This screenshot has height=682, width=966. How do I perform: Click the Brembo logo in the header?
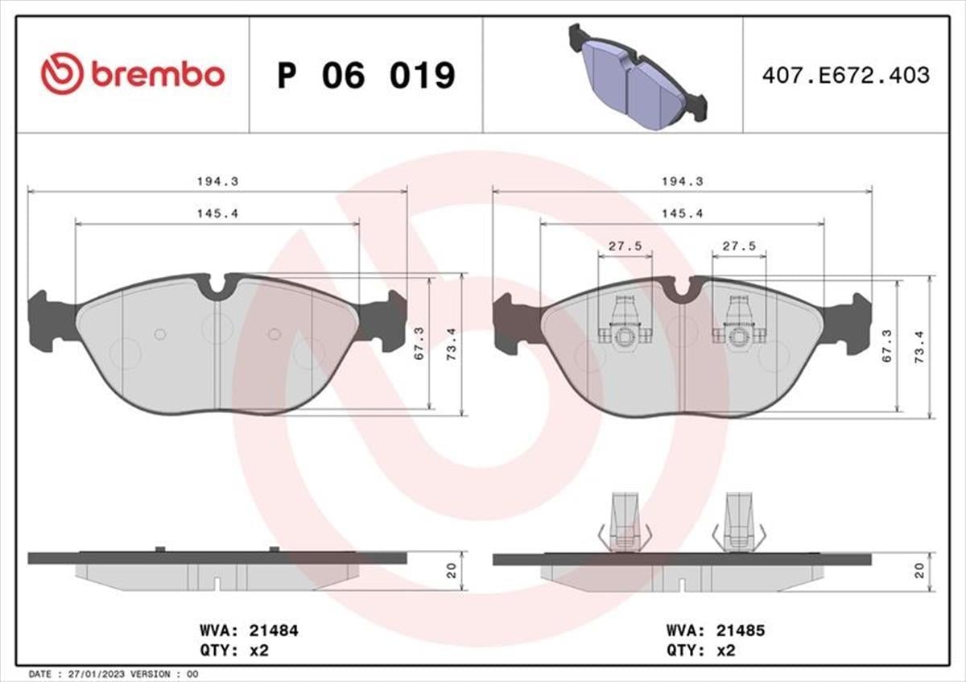(133, 74)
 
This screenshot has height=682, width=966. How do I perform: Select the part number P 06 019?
(366, 75)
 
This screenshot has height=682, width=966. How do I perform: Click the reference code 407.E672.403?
(844, 76)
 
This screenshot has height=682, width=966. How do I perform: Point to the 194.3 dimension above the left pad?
(217, 182)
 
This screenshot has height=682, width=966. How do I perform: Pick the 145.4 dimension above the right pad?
(682, 213)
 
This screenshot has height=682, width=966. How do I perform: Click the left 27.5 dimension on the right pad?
(625, 246)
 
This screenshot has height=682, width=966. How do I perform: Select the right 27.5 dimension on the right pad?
(739, 246)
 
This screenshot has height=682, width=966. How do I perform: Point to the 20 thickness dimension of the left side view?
(452, 570)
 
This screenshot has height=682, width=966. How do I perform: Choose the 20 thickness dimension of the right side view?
(919, 570)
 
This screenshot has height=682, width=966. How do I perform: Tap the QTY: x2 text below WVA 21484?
(233, 650)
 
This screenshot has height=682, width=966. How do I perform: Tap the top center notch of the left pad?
(217, 288)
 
